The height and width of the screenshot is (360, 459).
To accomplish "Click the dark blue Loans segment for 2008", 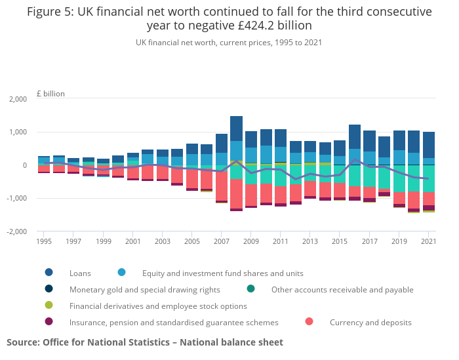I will pyautogui.click(x=236, y=129).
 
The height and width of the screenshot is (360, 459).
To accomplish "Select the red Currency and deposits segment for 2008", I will pyautogui.click(x=236, y=194).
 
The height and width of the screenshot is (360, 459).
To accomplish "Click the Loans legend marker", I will pyautogui.click(x=49, y=273).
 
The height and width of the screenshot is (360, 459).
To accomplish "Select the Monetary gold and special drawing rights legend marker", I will pyautogui.click(x=49, y=289).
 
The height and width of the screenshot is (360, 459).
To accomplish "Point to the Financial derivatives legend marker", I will pyautogui.click(x=49, y=306).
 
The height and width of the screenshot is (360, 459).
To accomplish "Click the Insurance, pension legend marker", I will pyautogui.click(x=49, y=322).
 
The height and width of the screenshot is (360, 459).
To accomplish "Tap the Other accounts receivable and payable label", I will pyautogui.click(x=342, y=289).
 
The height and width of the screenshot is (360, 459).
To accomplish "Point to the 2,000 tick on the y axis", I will pyautogui.click(x=17, y=99).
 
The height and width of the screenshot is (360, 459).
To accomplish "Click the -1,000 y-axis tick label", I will pyautogui.click(x=16, y=198).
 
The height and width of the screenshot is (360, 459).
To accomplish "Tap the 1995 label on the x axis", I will pyautogui.click(x=44, y=242).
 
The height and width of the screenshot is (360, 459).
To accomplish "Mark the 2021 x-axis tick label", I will pyautogui.click(x=428, y=242).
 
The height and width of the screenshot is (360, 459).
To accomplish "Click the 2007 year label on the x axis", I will pyautogui.click(x=221, y=242).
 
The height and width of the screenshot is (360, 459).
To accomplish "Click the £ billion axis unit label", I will pyautogui.click(x=50, y=94).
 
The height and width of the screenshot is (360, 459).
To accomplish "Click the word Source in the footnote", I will pyautogui.click(x=23, y=342).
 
